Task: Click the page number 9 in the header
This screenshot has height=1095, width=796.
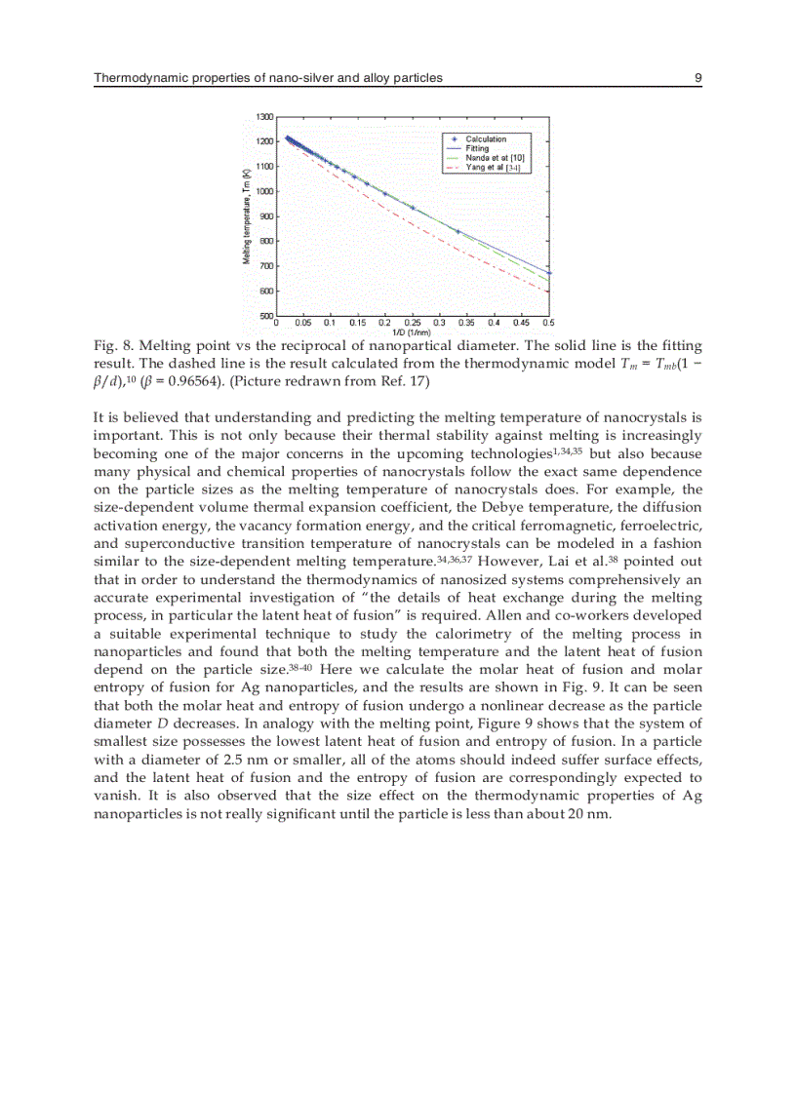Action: tap(698, 77)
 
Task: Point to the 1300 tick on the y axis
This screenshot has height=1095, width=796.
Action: tap(264, 117)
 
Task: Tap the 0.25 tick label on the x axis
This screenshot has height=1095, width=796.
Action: tap(413, 323)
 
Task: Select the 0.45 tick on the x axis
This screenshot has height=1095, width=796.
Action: tap(522, 323)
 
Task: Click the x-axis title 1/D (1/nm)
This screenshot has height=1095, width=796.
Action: tap(412, 332)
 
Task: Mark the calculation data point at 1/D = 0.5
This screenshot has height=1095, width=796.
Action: tap(549, 273)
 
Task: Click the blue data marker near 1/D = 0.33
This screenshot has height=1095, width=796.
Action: tap(458, 231)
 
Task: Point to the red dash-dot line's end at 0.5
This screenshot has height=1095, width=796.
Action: tap(548, 291)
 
